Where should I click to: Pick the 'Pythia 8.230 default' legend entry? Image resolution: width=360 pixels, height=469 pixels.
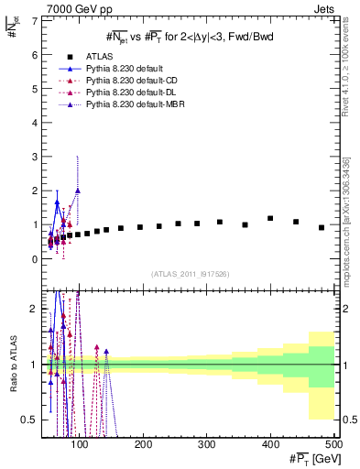click(x=128, y=69)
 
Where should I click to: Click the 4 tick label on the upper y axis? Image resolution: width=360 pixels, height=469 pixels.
click(x=35, y=123)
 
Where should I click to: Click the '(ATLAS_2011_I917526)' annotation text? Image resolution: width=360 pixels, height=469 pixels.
click(x=190, y=274)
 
